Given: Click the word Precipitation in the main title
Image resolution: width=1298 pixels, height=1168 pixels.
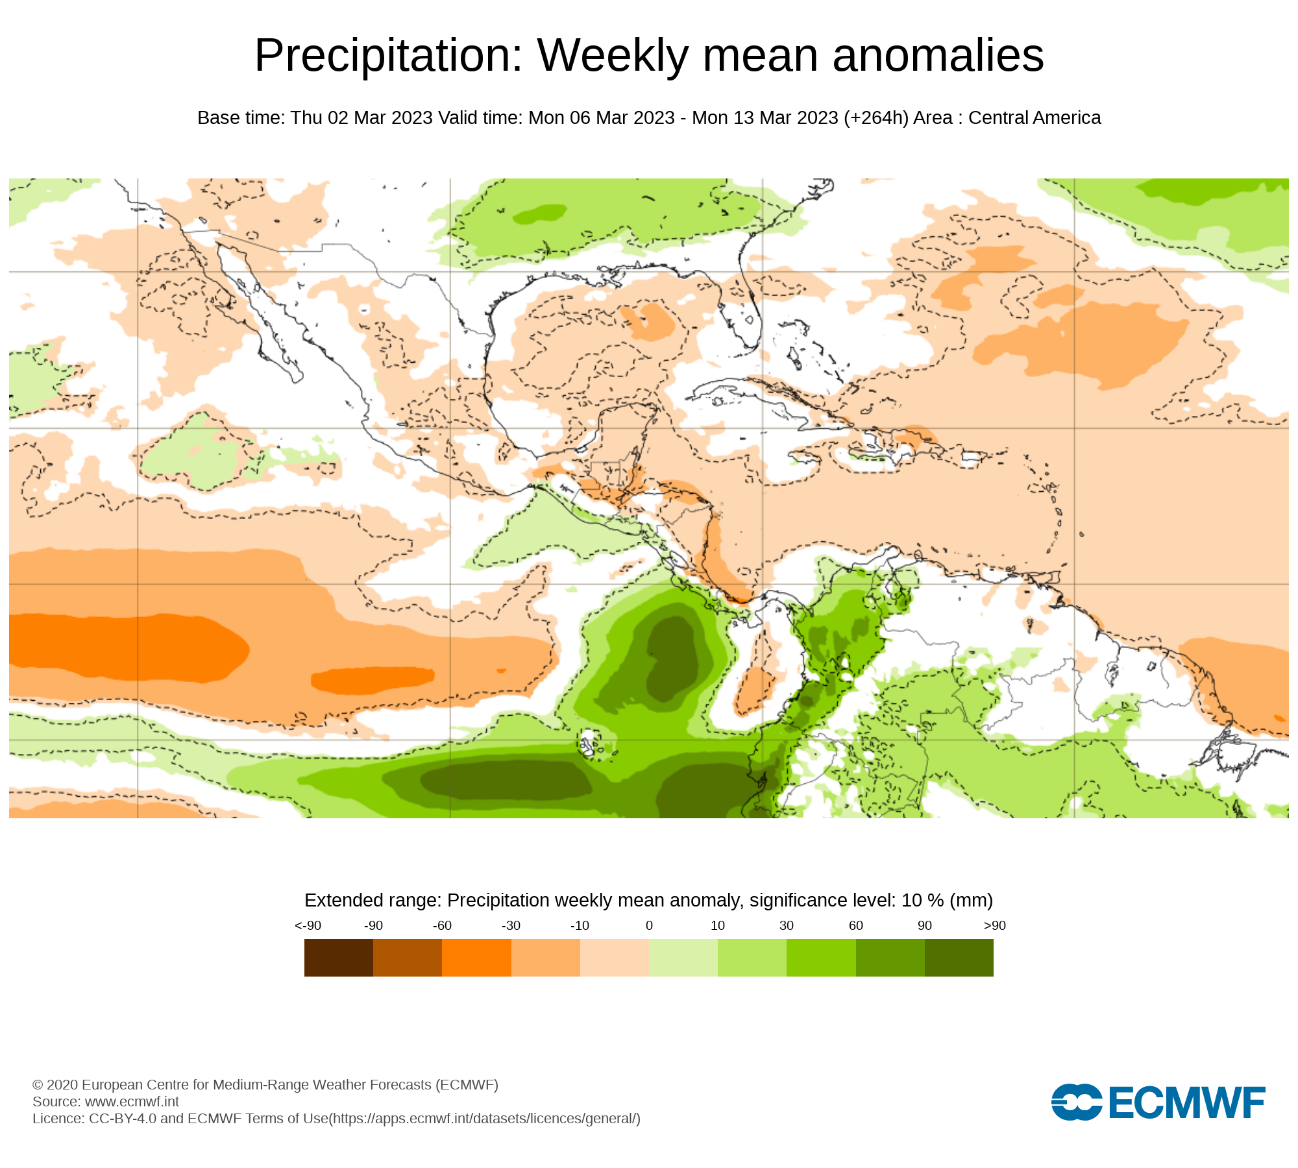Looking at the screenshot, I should pos(388,56).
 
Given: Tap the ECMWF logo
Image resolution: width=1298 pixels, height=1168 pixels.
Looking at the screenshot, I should pos(1158,1101).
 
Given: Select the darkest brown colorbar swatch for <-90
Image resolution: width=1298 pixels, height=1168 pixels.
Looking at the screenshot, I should pos(339,958).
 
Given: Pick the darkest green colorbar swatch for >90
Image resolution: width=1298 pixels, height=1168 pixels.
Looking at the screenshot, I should pos(959,958).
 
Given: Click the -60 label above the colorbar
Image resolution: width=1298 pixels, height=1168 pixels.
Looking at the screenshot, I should pos(442,925).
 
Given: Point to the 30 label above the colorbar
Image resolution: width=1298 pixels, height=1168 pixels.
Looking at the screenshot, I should pos(787,925).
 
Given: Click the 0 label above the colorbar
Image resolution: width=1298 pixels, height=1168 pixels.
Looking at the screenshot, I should pos(649,925).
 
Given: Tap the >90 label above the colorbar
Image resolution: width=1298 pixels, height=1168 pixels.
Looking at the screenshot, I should pos(994,925).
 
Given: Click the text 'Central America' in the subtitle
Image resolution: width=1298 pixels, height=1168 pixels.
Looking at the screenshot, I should pos(1035,118).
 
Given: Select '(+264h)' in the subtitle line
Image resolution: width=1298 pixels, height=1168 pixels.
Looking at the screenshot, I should pos(876,118).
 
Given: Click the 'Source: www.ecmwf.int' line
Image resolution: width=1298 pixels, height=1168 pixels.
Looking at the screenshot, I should pos(106,1101).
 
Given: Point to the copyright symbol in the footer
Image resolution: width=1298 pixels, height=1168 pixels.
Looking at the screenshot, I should pos(38,1085).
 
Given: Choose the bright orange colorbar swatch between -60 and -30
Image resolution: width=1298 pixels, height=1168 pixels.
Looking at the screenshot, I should pos(476,958).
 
